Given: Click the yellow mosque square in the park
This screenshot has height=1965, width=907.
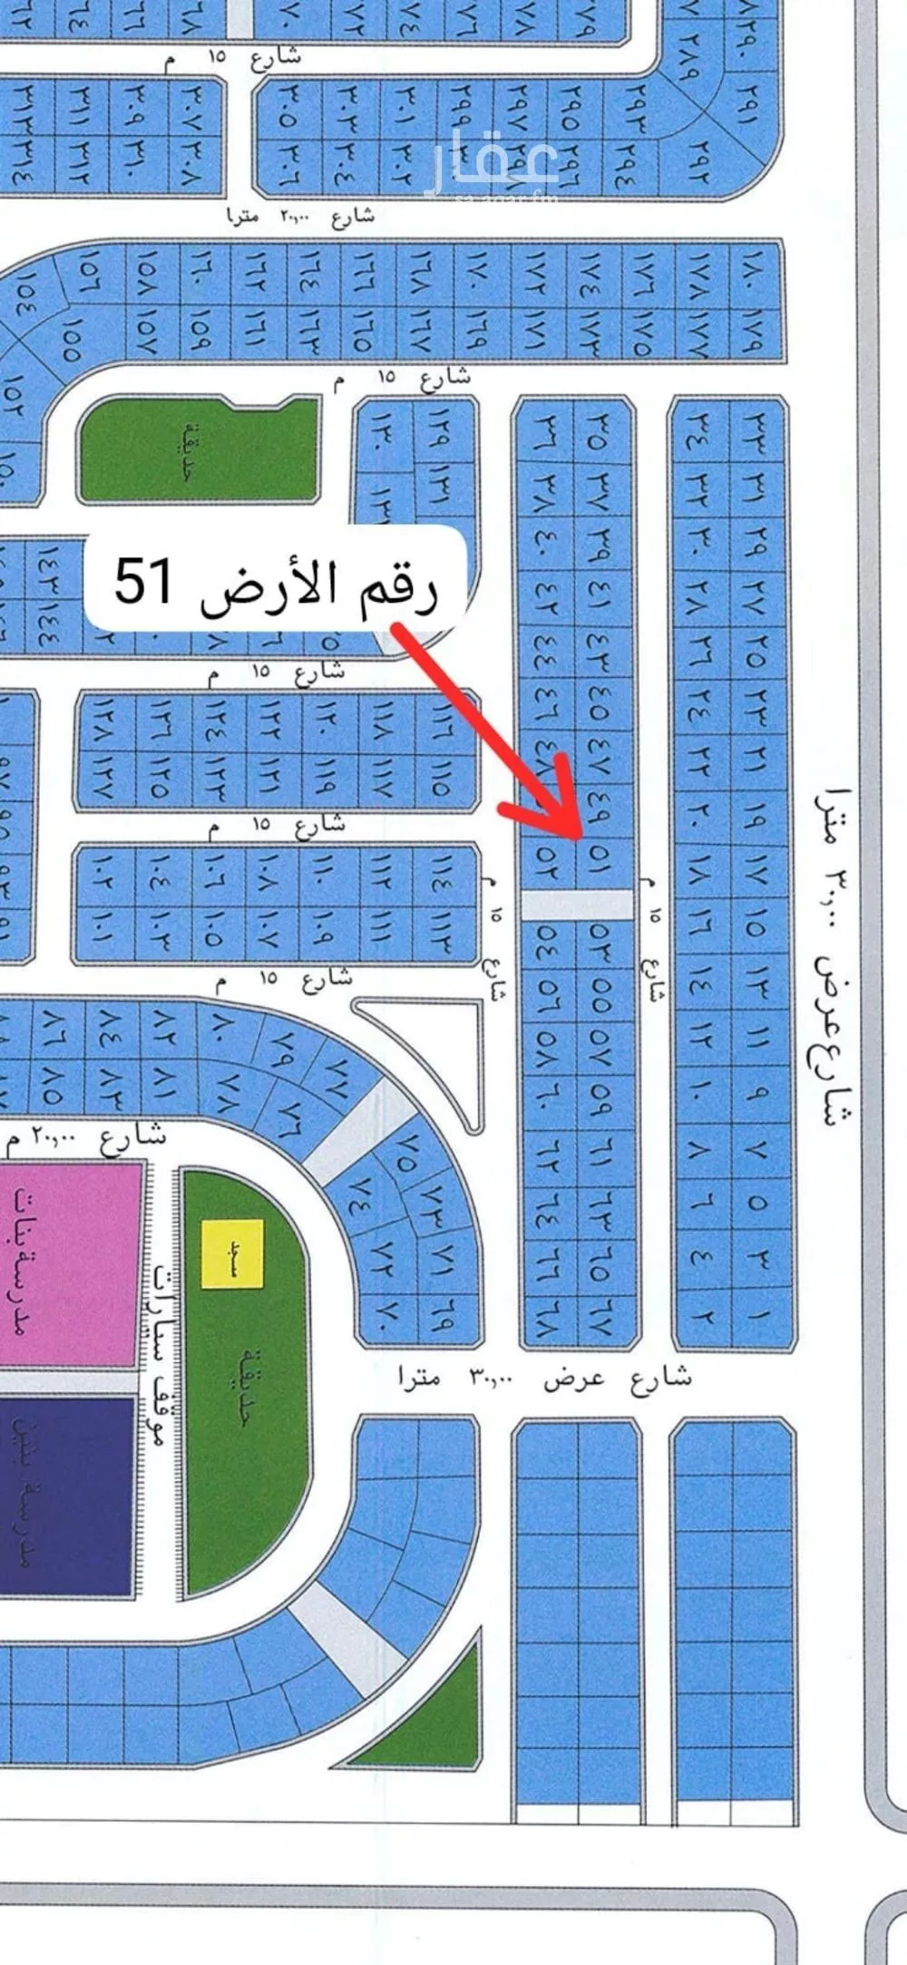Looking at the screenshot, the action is [232, 1254].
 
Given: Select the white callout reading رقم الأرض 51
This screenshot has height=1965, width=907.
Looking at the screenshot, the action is [276, 581].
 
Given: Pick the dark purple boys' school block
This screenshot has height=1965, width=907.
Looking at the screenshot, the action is [67, 1496].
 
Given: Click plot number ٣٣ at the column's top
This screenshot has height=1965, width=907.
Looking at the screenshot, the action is [757, 424].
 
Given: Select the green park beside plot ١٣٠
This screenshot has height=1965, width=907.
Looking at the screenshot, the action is [198, 450].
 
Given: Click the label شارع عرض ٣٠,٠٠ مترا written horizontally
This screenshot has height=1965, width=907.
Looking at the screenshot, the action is [545, 1379].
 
